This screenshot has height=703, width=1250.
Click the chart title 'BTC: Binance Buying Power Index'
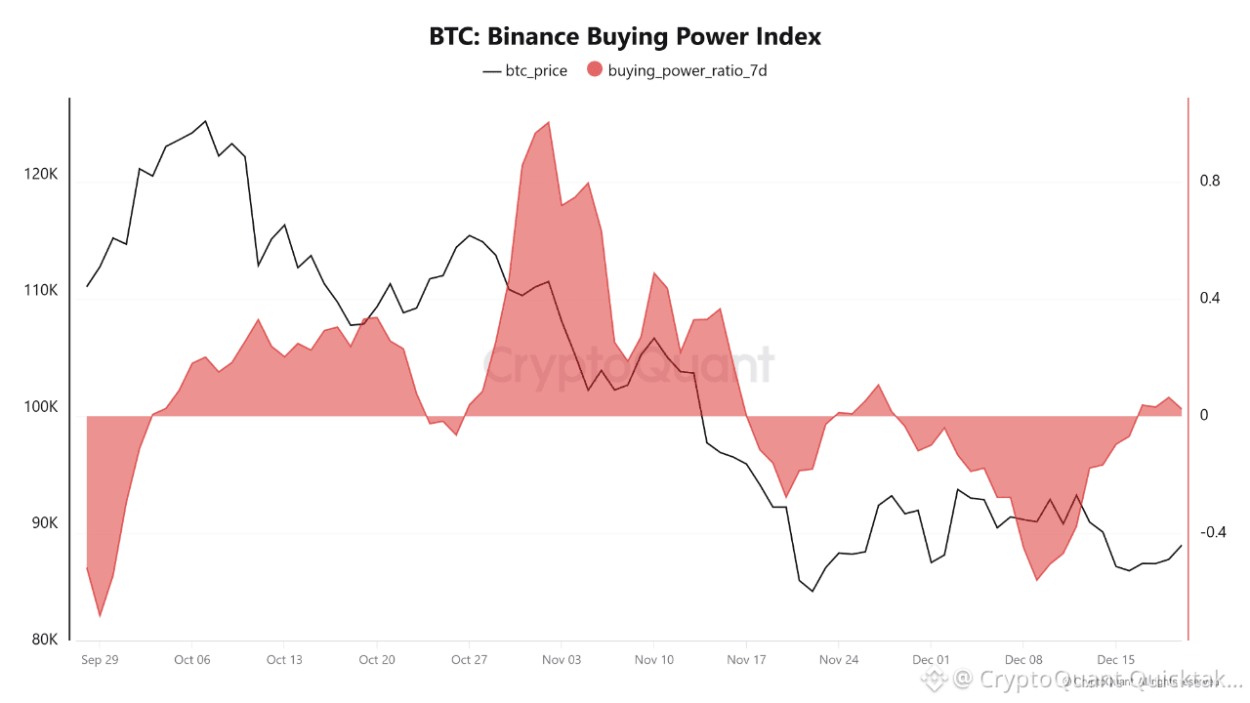[625, 37]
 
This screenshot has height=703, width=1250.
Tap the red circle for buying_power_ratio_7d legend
[595, 69]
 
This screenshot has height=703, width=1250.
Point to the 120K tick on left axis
[40, 175]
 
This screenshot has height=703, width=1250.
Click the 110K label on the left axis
[40, 291]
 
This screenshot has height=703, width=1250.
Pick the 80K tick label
[44, 641]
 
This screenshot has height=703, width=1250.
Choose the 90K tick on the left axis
[44, 523]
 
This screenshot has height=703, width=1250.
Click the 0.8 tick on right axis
[1210, 182]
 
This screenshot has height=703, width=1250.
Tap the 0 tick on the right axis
[1204, 415]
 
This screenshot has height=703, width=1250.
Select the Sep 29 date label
[100, 660]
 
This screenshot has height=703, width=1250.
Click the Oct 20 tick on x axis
[376, 660]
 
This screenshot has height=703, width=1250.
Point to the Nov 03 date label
[561, 660]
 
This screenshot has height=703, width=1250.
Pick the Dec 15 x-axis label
[1115, 660]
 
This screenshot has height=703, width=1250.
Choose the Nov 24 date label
[839, 660]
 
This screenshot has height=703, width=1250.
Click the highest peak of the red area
[549, 122]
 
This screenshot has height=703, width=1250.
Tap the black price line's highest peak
[205, 121]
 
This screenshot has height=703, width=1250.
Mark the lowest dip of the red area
[100, 617]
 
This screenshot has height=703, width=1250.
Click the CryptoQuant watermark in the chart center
[629, 367]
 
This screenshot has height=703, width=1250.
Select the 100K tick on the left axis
[40, 407]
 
